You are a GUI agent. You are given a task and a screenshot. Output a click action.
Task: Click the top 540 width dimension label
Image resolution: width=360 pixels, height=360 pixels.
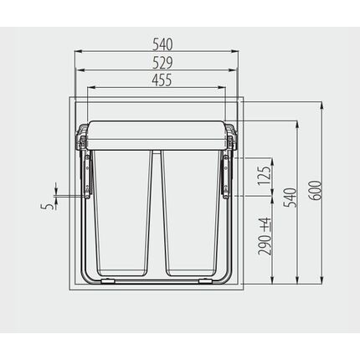[x=162, y=44]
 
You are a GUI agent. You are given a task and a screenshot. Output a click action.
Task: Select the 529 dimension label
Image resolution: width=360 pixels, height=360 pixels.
[x=162, y=63]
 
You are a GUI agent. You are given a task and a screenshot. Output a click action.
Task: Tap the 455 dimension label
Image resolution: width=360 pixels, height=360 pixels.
[x=162, y=80]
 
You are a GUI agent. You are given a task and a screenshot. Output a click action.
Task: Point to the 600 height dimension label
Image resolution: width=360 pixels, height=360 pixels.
[x=316, y=190]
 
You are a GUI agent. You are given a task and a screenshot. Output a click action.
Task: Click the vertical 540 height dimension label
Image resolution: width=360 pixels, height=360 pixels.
[x=291, y=198]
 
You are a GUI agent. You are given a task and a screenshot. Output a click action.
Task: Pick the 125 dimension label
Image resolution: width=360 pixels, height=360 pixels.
[x=264, y=176]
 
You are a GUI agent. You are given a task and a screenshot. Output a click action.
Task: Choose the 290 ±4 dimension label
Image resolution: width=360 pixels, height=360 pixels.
[x=265, y=236]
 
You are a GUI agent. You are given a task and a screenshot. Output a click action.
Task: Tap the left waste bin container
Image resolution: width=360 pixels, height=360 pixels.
[x=122, y=213]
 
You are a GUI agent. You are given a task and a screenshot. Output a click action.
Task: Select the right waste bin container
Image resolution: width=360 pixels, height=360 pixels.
[x=191, y=213]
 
